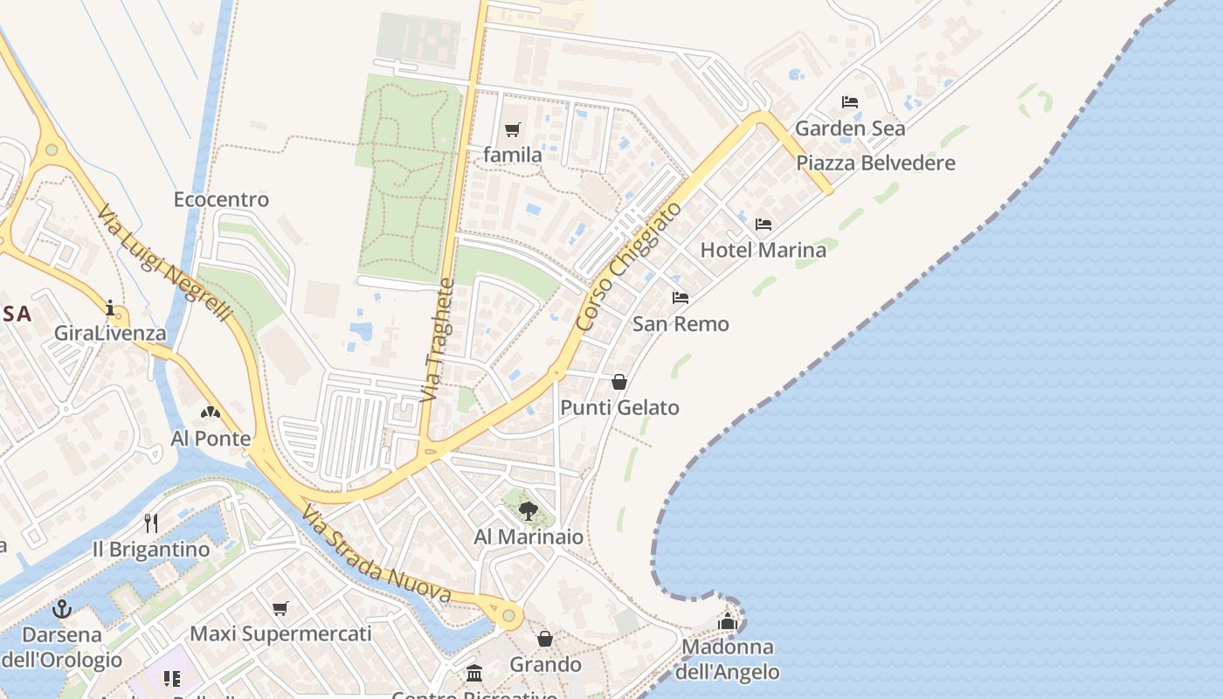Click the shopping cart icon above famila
tap(513, 130)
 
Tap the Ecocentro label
tap(221, 199)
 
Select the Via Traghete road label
tap(439, 341)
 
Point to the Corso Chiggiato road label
tap(628, 266)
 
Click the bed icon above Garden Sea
tap(849, 102)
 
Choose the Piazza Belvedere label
tap(875, 163)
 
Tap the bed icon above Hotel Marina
tap(764, 225)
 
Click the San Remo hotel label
tap(681, 324)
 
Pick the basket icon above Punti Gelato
tap(619, 382)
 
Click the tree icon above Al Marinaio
tap(528, 511)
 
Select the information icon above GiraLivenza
tap(110, 308)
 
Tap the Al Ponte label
tap(211, 439)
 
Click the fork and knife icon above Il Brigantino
tap(151, 523)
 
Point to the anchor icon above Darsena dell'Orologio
tap(61, 609)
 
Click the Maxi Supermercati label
tap(280, 633)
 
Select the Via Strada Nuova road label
tap(377, 557)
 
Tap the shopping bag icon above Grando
tap(545, 640)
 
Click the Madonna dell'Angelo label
tap(728, 660)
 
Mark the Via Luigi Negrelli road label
tap(163, 264)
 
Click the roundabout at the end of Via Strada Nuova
tap(508, 615)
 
